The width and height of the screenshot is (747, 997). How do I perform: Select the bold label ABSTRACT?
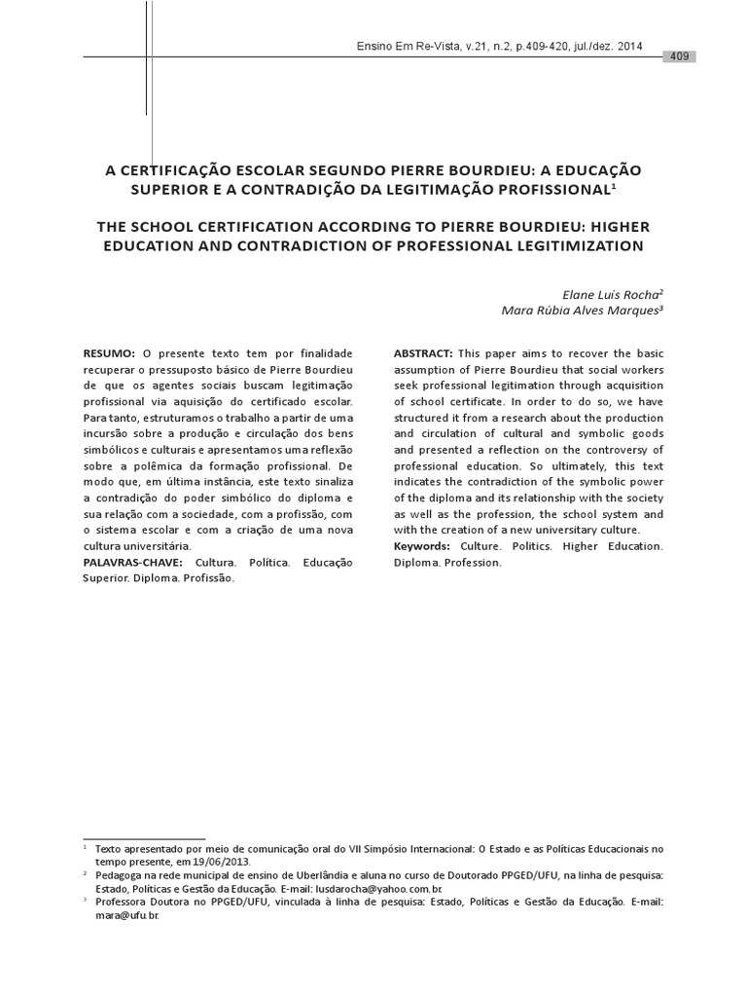tap(423, 352)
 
